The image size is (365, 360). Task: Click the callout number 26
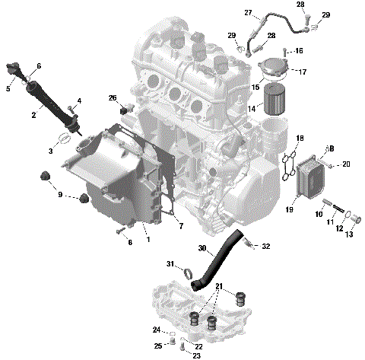113,98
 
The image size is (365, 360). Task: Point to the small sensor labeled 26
125,104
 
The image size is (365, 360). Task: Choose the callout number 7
180,226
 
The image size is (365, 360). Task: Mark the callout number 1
148,240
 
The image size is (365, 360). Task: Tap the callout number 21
221,286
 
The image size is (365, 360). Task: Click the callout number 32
265,247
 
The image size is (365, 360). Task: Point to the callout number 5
8,89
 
